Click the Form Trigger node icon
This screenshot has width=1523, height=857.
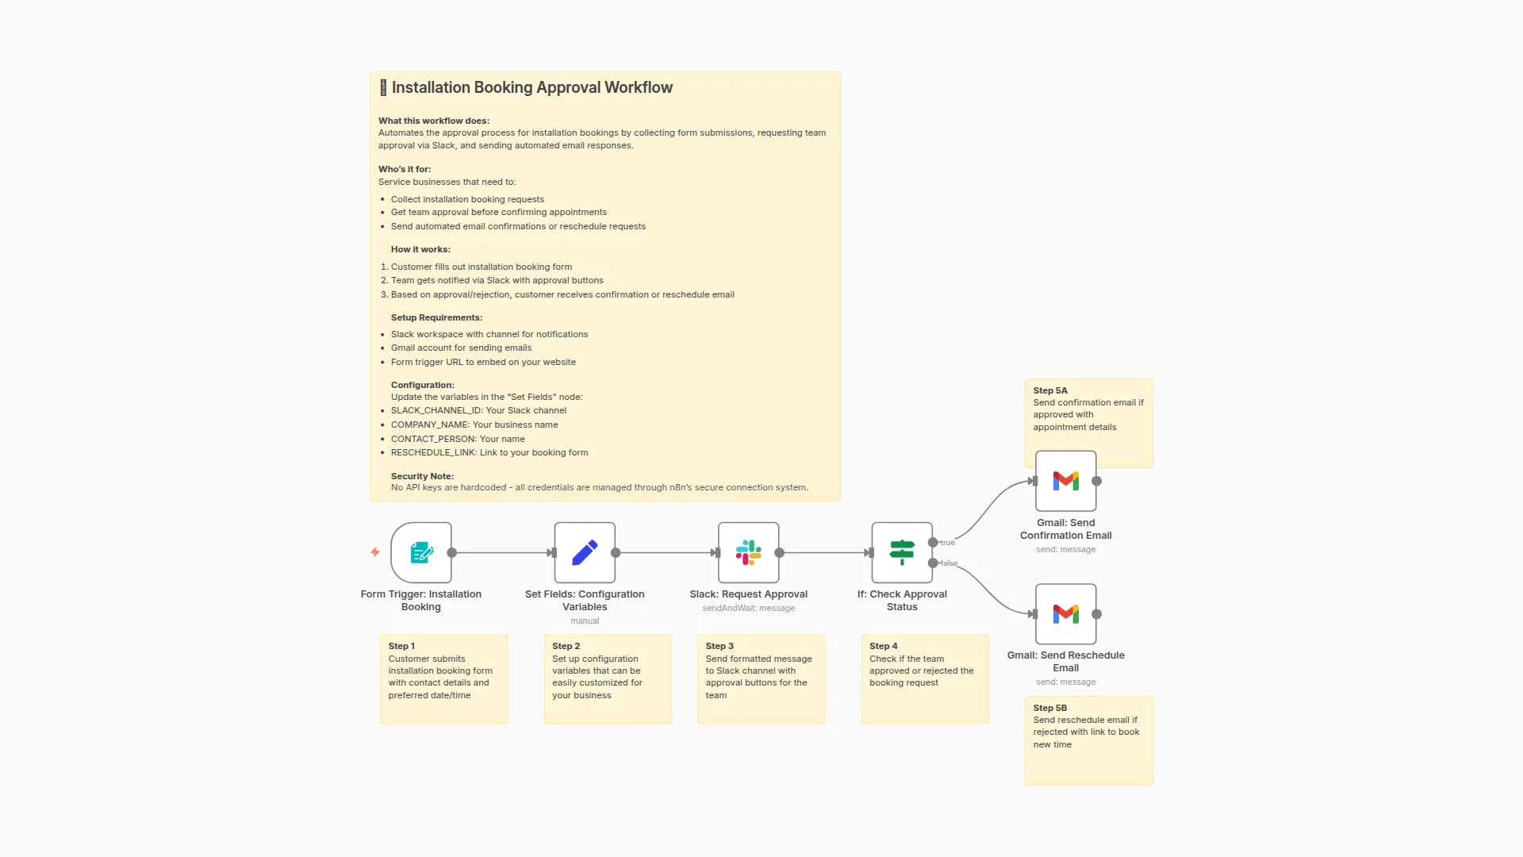click(x=421, y=552)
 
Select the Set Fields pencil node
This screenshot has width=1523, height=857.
click(x=585, y=552)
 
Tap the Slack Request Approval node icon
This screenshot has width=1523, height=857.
click(x=748, y=552)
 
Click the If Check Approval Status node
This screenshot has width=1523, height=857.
click(x=902, y=552)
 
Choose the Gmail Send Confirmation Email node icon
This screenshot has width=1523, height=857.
click(x=1065, y=481)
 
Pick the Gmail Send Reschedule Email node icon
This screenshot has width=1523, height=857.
click(x=1065, y=614)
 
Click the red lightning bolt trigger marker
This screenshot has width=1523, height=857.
click(x=375, y=552)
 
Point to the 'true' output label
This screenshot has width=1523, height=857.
click(x=948, y=543)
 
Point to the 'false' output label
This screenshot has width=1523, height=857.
click(x=949, y=563)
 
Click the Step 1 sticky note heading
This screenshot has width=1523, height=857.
click(x=401, y=646)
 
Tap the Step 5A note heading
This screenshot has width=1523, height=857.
click(x=1050, y=390)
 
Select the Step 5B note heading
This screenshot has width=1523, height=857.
click(x=1050, y=708)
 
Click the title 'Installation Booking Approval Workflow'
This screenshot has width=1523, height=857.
click(x=531, y=87)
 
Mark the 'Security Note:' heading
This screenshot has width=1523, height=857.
click(x=422, y=476)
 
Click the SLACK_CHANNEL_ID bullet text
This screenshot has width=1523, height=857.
click(x=478, y=410)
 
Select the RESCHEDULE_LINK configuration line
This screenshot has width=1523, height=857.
click(x=489, y=452)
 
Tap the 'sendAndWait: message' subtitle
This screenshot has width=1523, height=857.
click(x=748, y=609)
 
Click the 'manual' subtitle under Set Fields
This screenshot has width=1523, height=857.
click(x=585, y=621)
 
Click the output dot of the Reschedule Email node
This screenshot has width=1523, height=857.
click(x=1097, y=614)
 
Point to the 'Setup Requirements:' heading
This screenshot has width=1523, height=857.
click(x=436, y=317)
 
